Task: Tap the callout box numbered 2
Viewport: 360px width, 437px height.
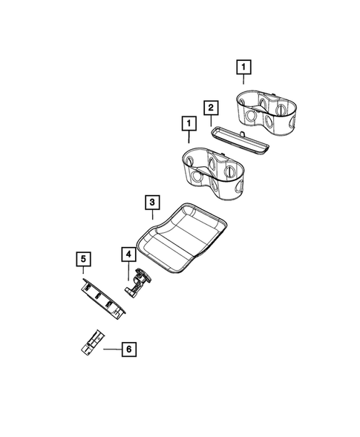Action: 212,108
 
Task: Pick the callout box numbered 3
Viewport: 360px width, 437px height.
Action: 151,202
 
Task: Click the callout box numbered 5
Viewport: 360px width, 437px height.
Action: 83,258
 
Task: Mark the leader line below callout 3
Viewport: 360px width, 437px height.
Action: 151,215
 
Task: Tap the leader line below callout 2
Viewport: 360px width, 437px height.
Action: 212,121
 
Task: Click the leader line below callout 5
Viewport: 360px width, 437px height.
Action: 83,272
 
